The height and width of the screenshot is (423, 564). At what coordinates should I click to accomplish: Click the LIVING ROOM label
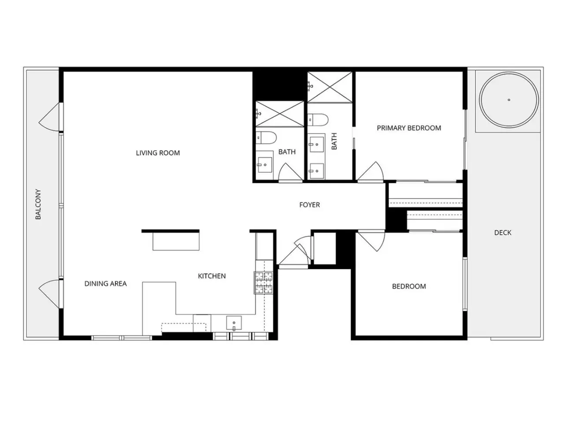(x=158, y=153)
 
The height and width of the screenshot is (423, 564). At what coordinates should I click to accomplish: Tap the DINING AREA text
(x=106, y=283)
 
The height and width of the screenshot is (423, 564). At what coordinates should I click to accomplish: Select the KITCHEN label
(x=212, y=276)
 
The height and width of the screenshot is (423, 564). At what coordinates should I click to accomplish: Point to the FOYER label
(x=310, y=205)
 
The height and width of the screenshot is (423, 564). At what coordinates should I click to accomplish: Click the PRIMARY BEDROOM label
(x=409, y=128)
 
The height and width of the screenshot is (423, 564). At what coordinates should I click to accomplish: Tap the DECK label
(x=503, y=233)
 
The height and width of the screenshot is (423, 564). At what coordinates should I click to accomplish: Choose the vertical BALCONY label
(x=38, y=204)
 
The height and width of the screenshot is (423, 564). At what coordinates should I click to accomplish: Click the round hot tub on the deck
(x=509, y=100)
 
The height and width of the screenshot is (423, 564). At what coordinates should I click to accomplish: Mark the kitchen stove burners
(x=263, y=282)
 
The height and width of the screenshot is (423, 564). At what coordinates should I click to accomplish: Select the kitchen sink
(x=234, y=323)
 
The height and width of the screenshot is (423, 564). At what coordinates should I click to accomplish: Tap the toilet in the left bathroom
(x=267, y=137)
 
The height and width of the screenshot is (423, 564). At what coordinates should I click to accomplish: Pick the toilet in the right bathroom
(x=318, y=120)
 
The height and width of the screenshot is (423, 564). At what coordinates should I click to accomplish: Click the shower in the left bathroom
(x=279, y=114)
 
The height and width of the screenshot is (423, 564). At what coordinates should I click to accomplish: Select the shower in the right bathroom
(x=330, y=87)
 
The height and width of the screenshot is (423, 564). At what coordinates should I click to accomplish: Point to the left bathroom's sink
(x=265, y=165)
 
